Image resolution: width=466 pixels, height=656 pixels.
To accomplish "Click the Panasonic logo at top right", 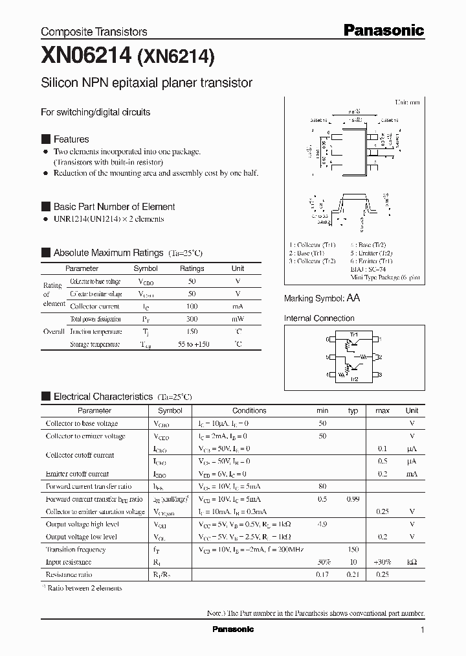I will pos(383,30).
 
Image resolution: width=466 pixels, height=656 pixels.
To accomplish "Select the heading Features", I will pos(71,139).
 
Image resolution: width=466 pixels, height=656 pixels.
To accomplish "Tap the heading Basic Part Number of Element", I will pos(114,207).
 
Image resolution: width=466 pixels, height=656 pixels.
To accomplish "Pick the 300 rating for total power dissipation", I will pos(191,319).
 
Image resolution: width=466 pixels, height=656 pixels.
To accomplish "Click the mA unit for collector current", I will pos(238,306).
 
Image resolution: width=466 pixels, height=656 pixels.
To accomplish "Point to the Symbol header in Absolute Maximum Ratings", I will pos(145,268).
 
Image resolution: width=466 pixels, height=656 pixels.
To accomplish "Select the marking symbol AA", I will pos(353,298).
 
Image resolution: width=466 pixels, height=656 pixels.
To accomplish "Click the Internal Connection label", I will pos(319,318).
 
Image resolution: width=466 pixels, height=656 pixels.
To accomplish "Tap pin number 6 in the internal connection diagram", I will pos(328,339).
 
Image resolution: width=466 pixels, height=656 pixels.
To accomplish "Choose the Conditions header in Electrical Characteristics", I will pos(249,410).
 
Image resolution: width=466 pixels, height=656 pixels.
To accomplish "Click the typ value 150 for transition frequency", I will pos(353,550).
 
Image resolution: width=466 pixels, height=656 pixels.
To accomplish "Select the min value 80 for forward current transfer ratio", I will pos(322,486).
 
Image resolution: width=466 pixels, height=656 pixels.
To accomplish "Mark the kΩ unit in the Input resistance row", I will pos(412,562).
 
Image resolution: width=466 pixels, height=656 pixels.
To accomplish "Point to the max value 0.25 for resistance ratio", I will pos(383,575).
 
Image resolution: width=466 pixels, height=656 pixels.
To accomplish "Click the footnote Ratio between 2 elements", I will pos(84,588).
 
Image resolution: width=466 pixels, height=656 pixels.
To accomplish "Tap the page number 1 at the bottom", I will pos(422,630).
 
